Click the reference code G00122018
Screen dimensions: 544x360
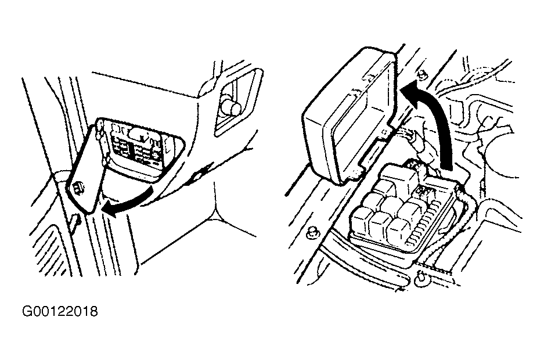(x=60, y=311)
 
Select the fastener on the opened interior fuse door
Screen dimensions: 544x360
(x=78, y=188)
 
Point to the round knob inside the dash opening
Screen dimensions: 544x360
(x=231, y=106)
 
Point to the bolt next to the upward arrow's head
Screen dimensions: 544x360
(x=422, y=74)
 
